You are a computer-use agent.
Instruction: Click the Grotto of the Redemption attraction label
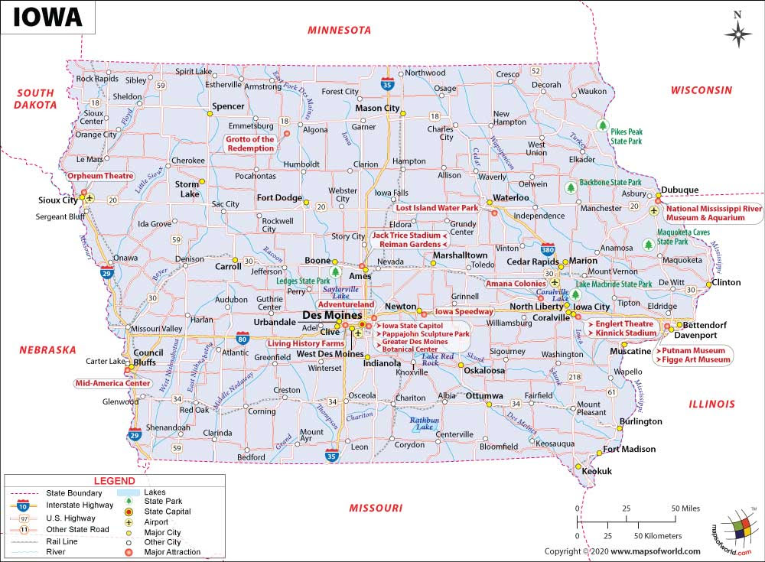(x=249, y=144)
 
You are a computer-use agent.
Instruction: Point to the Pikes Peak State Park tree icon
(x=602, y=126)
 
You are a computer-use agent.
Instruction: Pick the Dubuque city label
(x=680, y=190)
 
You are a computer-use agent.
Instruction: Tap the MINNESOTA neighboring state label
(x=339, y=31)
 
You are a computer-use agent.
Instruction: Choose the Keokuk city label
(x=597, y=472)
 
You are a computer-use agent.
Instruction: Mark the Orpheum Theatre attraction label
(x=100, y=176)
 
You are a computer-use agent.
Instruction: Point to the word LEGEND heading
(x=114, y=481)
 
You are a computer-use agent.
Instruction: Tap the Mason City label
(x=378, y=109)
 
